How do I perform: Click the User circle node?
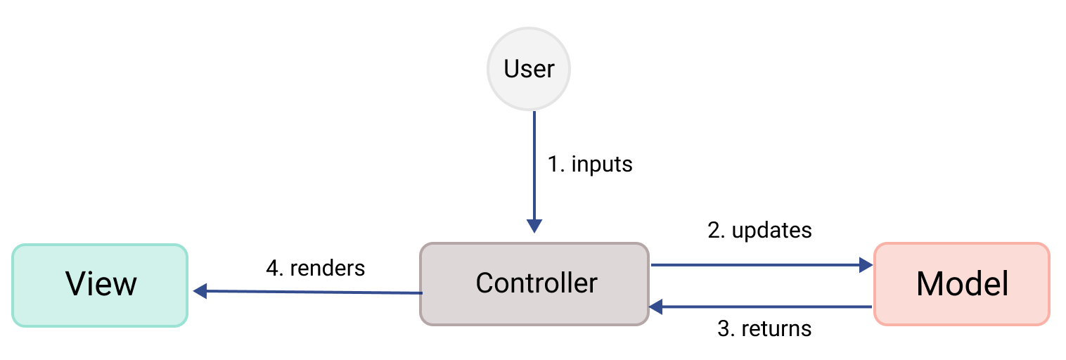pos(529,69)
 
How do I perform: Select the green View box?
pos(101,285)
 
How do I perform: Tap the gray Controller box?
pos(534,284)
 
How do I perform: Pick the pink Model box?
pos(961,284)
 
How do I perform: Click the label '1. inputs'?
pos(590,165)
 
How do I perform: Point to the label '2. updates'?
pos(759,231)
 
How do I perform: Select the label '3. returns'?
pos(764,328)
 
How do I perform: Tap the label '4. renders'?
pos(315,268)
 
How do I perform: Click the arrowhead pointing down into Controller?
pos(534,226)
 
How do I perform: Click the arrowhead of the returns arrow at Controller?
pos(655,307)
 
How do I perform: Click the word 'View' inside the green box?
pos(101,285)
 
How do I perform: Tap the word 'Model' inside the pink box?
pos(961,284)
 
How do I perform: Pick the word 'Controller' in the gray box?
pos(536,283)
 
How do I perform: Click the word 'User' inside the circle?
pos(529,69)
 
